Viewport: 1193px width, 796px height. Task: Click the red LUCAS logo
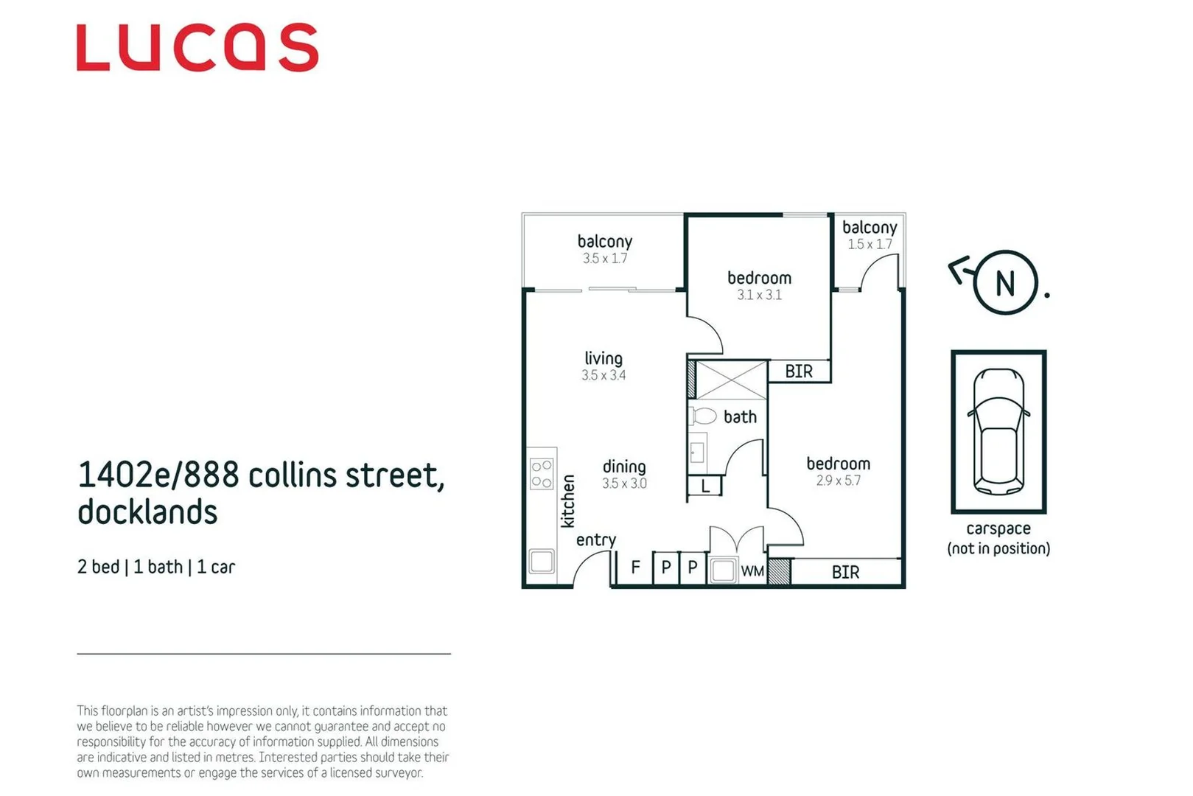coord(197,48)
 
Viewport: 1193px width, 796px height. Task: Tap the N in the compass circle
coord(1005,284)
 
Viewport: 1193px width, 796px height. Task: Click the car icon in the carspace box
coord(998,432)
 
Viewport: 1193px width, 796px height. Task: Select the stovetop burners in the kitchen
coord(542,474)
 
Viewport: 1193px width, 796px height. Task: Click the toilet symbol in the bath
coord(703,416)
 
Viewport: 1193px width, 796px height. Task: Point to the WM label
coord(752,571)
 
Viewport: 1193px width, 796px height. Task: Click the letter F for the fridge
coord(635,568)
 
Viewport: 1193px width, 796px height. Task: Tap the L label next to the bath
coord(705,486)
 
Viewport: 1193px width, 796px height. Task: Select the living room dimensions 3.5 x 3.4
coord(604,375)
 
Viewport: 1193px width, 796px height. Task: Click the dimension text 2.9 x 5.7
coord(838,481)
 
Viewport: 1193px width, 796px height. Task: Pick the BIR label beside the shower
coord(799,371)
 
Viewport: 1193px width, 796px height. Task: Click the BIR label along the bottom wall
coord(845,572)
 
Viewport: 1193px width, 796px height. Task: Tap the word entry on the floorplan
coord(595,540)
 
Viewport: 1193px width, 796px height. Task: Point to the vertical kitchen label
coord(568,501)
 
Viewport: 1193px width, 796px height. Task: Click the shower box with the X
coord(731,380)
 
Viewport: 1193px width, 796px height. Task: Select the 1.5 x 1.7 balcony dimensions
coord(870,244)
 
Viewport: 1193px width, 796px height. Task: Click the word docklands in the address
coord(147,512)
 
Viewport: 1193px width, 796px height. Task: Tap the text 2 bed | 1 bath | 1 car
coord(156,567)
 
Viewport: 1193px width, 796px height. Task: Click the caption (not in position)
coord(998,548)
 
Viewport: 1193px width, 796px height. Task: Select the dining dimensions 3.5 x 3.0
coord(624,483)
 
